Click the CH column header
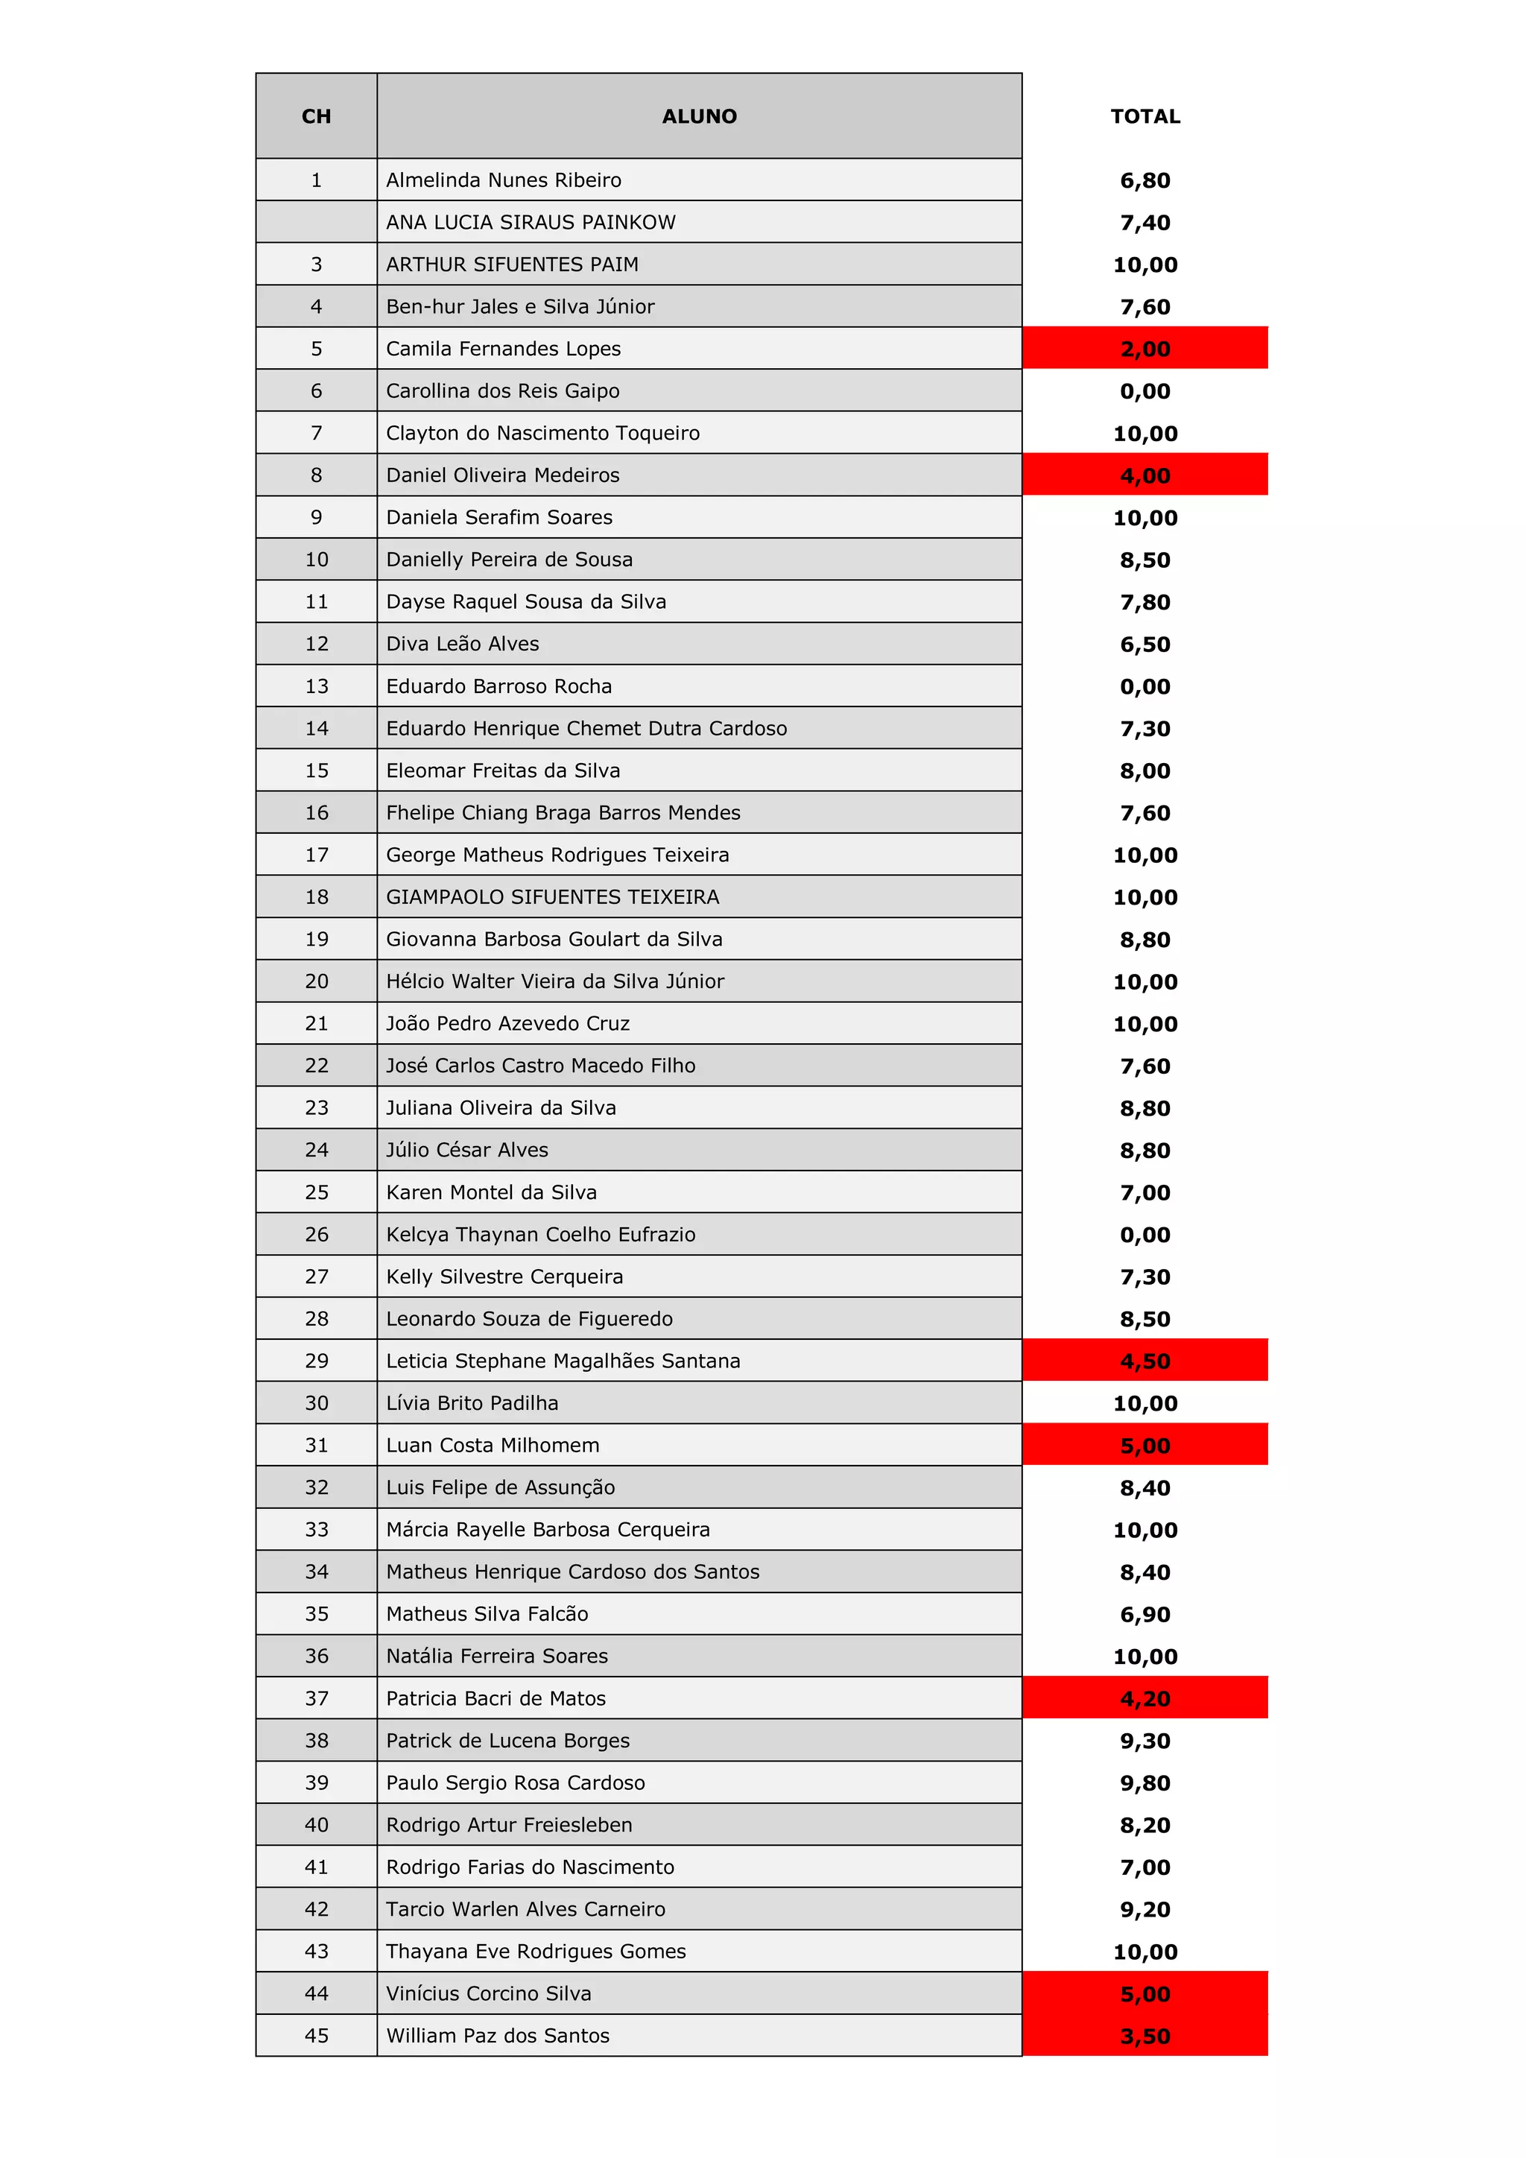(x=316, y=116)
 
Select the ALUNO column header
(x=699, y=116)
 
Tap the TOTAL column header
(x=1144, y=116)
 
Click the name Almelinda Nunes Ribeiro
(x=504, y=180)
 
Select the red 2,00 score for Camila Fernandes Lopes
(x=1144, y=349)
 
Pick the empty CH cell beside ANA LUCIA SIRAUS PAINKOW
(x=316, y=222)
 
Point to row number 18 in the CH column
(x=316, y=896)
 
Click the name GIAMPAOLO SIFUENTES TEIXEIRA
(x=553, y=896)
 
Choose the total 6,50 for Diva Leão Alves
(x=1144, y=645)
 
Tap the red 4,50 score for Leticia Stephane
(x=1144, y=1361)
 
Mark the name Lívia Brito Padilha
(x=472, y=1403)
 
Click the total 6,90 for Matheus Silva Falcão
(x=1144, y=1615)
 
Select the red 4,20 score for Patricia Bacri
(x=1144, y=1698)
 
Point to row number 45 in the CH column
(x=316, y=2036)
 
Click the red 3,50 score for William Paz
(x=1144, y=2037)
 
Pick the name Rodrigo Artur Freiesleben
(x=510, y=1824)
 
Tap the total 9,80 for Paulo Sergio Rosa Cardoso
(x=1144, y=1783)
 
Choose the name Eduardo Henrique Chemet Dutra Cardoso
(x=586, y=729)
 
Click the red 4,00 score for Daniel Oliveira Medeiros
(x=1144, y=475)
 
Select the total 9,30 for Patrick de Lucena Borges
(x=1144, y=1741)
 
